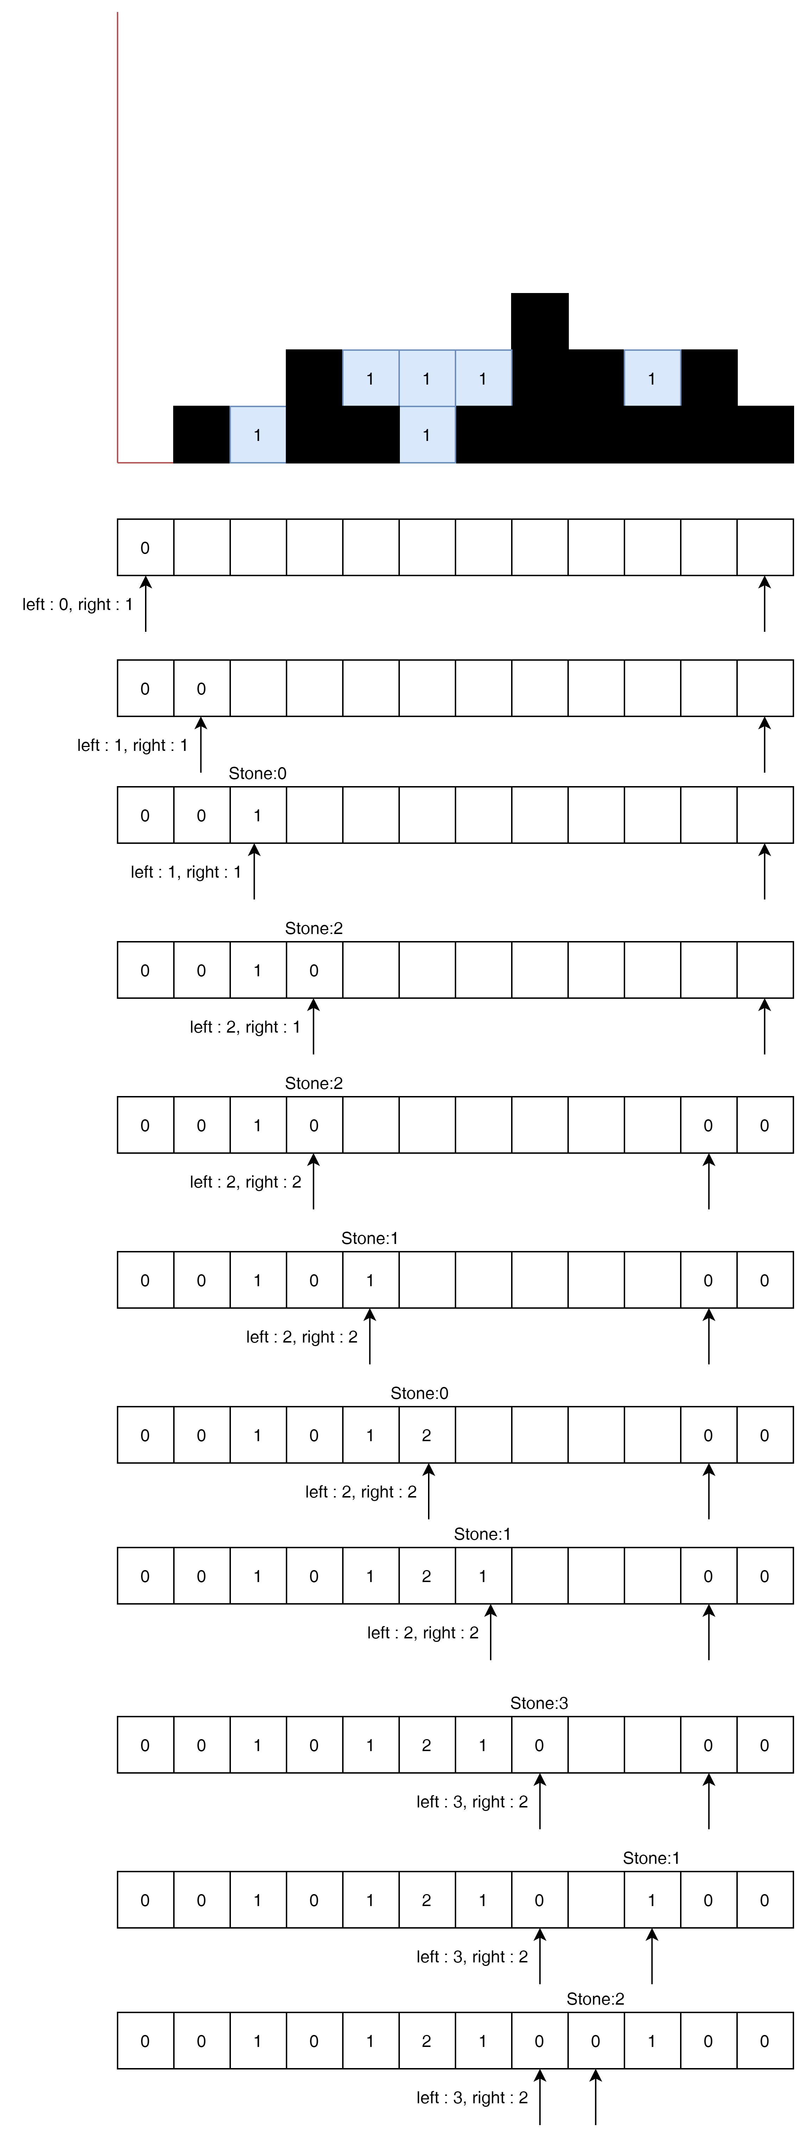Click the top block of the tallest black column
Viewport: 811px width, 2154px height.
[539, 321]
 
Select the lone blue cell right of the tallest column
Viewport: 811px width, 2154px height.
[652, 378]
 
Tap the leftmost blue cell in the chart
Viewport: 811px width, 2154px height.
[258, 435]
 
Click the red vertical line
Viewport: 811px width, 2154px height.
[118, 234]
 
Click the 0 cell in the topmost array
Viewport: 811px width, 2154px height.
[145, 548]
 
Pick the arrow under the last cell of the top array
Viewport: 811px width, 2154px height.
[764, 604]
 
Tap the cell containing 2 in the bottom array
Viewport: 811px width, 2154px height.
[426, 2041]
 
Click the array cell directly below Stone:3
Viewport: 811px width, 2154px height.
[539, 1745]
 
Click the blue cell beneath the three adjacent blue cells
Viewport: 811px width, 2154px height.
[426, 435]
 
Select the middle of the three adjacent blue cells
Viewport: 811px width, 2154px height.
[426, 378]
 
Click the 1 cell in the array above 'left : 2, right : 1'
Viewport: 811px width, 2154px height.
[258, 970]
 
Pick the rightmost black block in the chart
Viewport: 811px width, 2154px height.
[765, 435]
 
